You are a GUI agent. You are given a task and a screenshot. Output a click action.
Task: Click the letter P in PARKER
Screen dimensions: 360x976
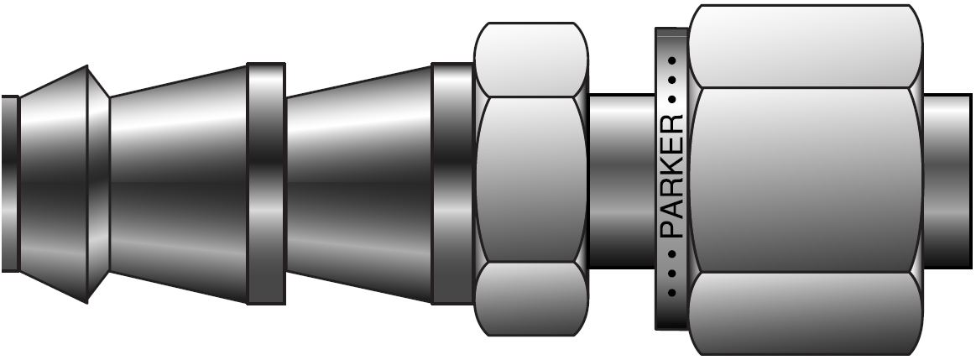pos(673,229)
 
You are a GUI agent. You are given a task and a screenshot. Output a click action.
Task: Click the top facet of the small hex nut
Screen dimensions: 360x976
pos(530,60)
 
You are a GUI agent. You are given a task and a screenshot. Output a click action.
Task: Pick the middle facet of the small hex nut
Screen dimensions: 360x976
pos(530,180)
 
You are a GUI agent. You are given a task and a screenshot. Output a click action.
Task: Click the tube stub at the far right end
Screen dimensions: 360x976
pos(947,180)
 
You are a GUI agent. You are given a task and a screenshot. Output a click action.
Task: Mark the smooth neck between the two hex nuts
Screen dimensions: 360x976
pos(621,180)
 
